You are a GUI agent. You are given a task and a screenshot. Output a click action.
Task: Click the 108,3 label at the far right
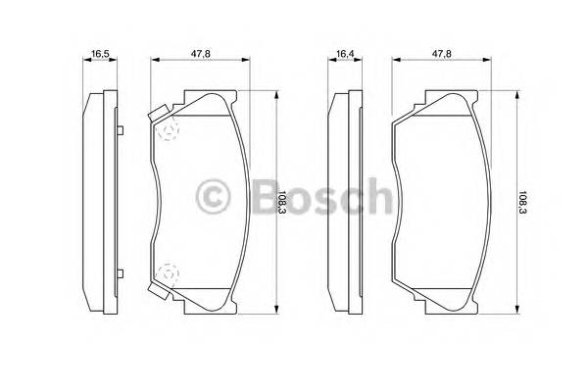(x=535, y=203)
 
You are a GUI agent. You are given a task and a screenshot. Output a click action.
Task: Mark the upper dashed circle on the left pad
(x=168, y=129)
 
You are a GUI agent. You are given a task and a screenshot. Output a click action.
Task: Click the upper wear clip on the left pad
(x=157, y=115)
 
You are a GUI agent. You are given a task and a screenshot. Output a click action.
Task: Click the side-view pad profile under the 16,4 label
(x=343, y=202)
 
